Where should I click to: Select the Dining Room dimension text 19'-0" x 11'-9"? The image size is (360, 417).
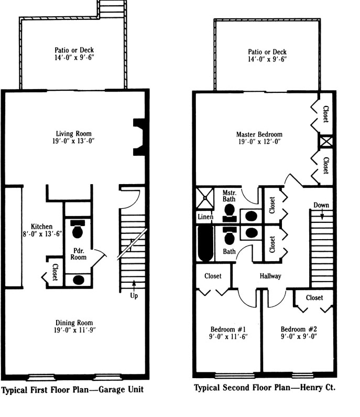[75, 330]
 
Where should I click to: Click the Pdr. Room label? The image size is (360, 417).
[79, 254]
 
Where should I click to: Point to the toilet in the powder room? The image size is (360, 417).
[78, 230]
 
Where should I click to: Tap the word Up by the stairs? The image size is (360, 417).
[134, 296]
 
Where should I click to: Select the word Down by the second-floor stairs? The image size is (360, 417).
[321, 205]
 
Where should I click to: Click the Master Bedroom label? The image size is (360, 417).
[259, 134]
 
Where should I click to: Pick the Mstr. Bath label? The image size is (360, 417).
[230, 195]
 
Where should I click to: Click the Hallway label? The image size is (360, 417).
[270, 276]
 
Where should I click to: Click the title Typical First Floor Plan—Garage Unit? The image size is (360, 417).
[72, 390]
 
